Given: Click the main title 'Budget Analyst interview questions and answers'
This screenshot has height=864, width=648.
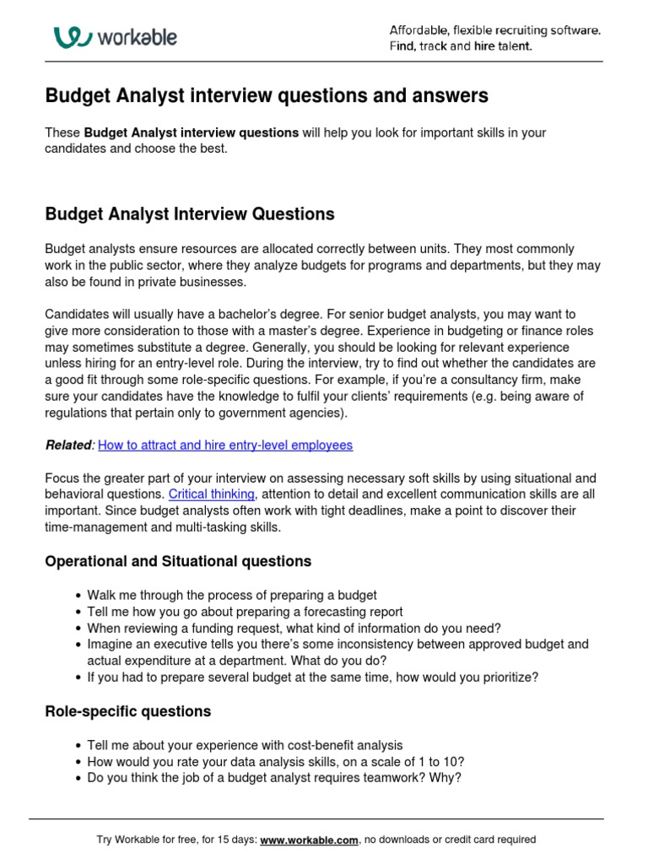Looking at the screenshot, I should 266,96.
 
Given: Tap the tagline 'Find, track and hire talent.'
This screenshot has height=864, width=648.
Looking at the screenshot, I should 460,46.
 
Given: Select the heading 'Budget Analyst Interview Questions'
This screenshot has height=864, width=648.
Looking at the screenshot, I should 189,214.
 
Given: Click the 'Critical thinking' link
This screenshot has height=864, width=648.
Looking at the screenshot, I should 212,494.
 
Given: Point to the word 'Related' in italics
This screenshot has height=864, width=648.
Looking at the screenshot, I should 68,445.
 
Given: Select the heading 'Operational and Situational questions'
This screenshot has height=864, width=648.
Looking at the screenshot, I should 177,561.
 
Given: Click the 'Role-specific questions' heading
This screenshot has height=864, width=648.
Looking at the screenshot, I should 127,711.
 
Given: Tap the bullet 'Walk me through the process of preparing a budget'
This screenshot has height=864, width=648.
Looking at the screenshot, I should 232,596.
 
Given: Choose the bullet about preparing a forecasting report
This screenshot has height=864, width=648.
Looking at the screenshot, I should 245,612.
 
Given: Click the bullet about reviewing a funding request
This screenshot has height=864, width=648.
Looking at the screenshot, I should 294,628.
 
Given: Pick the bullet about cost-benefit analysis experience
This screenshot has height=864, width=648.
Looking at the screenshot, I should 245,746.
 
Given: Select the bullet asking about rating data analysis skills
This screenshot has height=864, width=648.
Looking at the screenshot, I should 275,762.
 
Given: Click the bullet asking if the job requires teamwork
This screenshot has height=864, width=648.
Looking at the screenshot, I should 274,778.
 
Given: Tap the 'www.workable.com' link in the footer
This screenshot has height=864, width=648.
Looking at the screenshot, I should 310,840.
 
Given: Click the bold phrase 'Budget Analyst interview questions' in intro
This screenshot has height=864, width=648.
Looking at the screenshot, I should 191,133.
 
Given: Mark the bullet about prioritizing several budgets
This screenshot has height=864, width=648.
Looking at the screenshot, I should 312,677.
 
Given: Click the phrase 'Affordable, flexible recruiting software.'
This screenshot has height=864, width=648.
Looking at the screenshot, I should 494,30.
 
